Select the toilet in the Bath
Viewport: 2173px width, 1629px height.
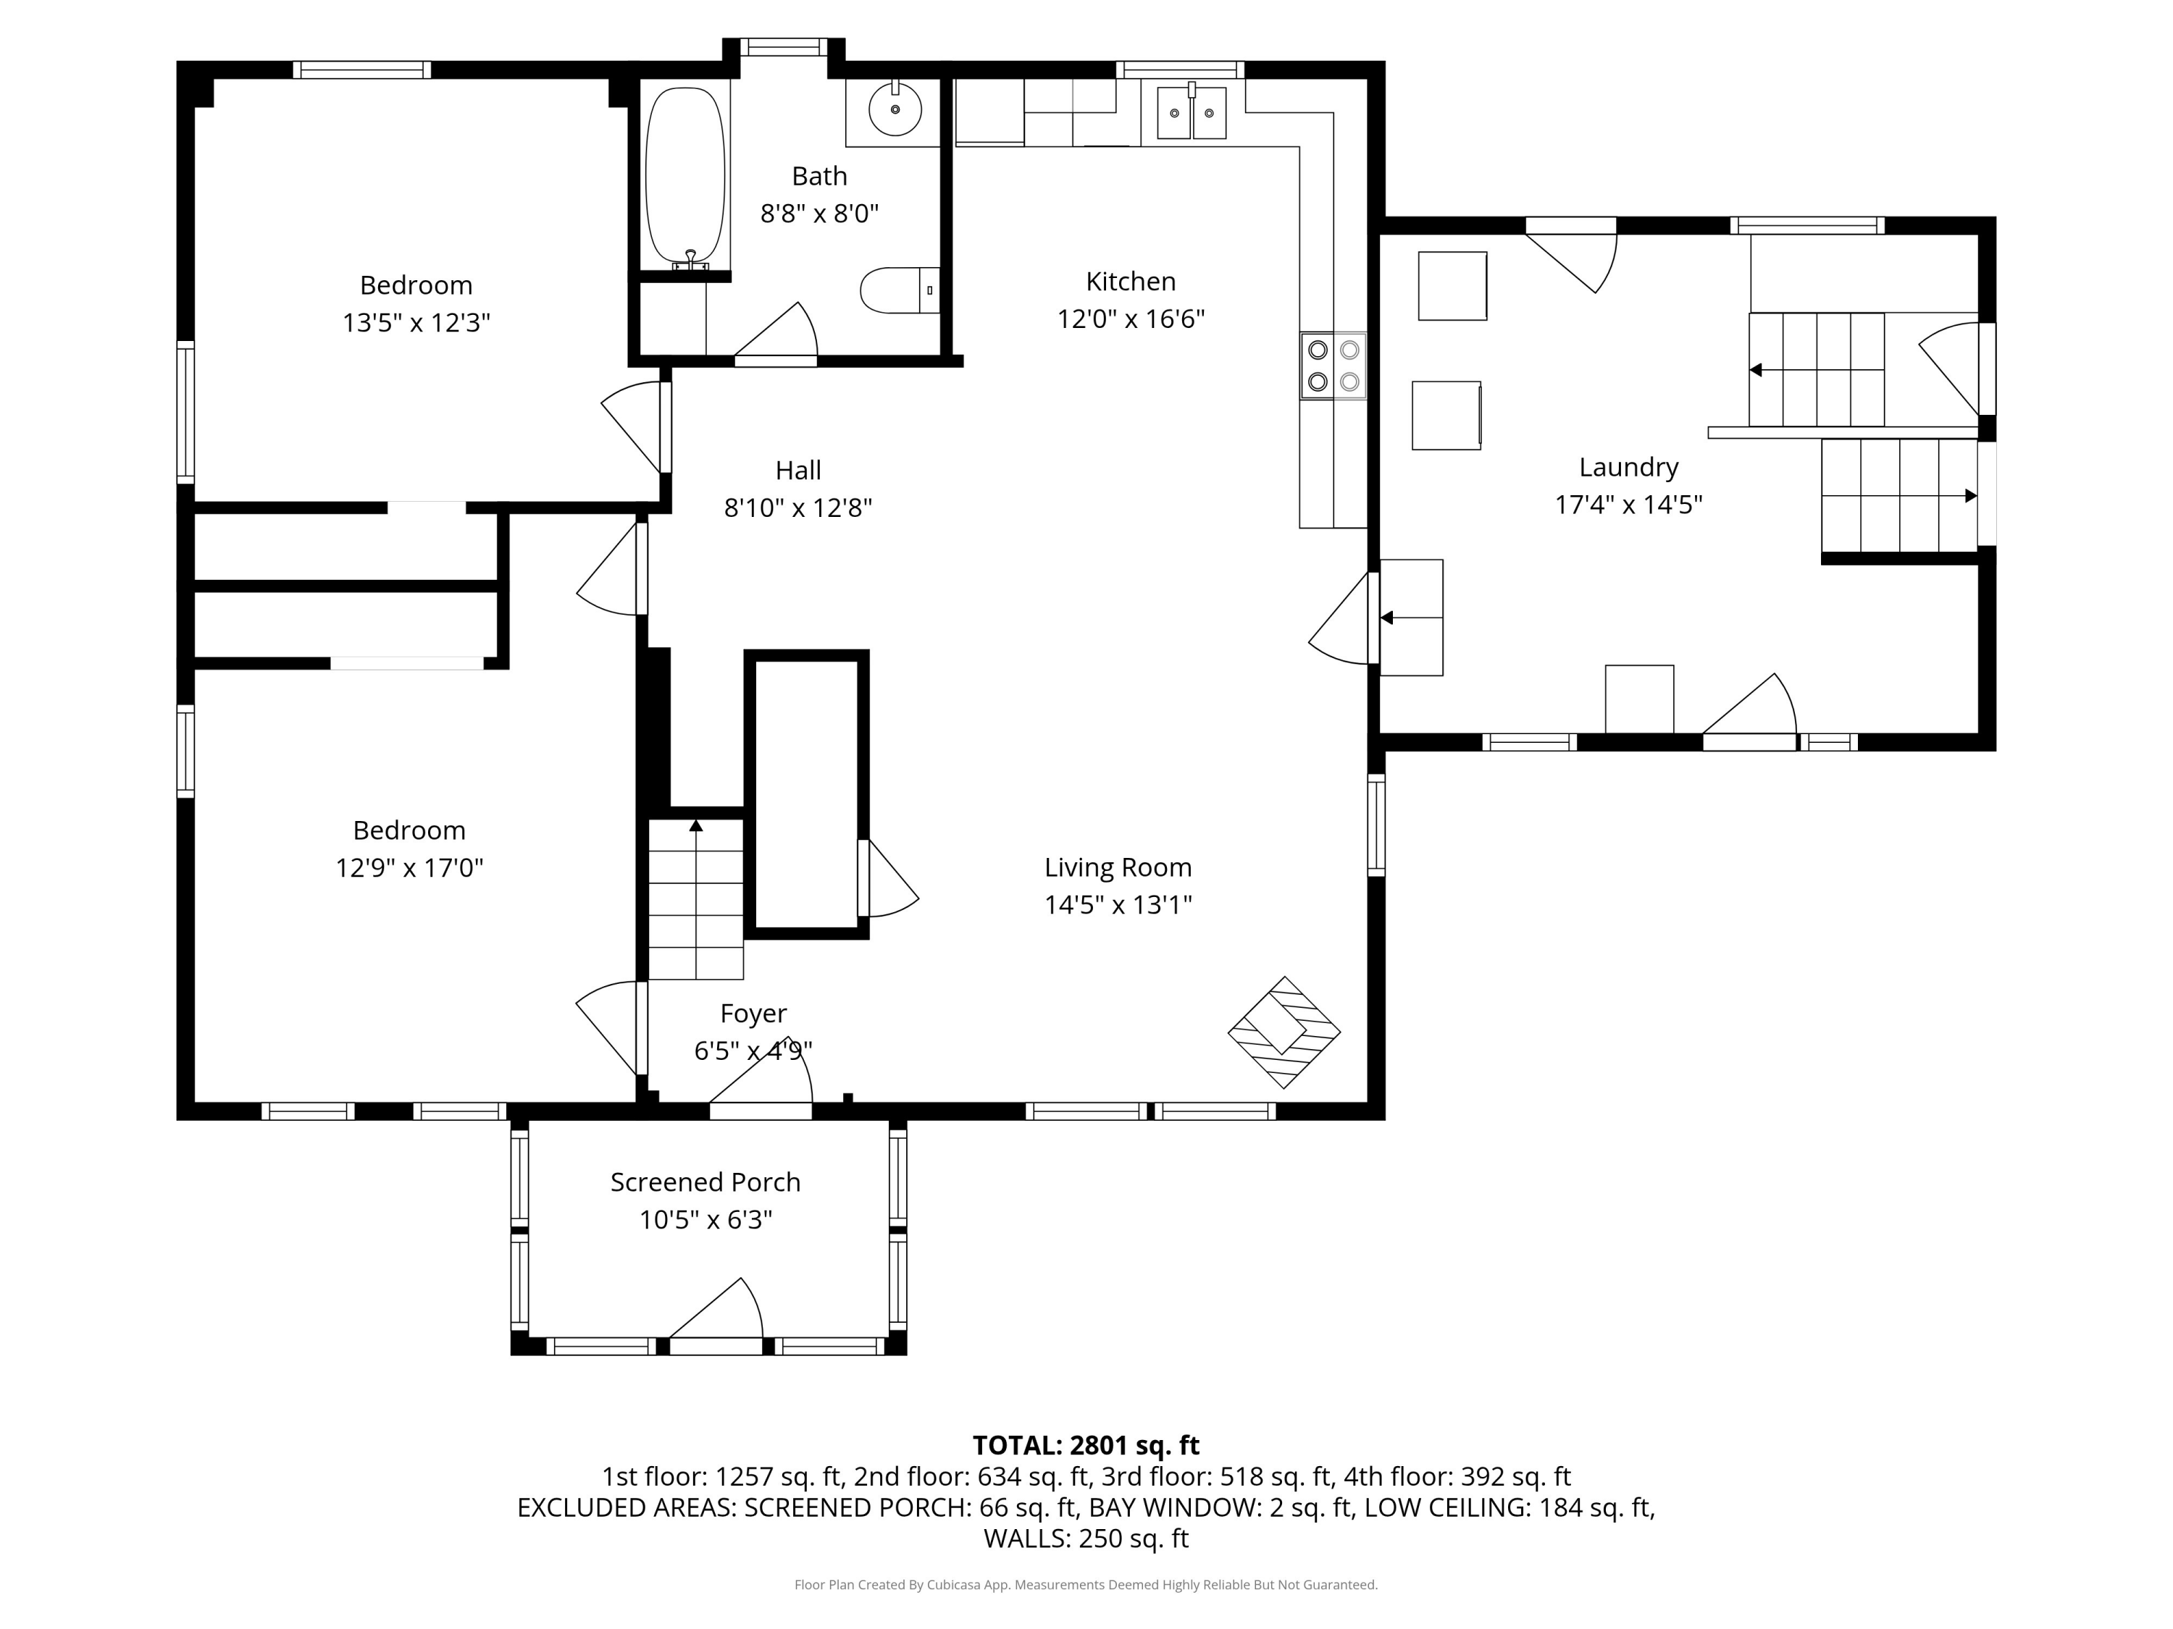tap(900, 290)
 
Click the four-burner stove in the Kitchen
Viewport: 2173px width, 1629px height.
tap(1333, 366)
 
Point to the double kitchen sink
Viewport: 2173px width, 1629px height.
tap(1192, 113)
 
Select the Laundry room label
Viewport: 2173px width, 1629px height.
tap(1629, 468)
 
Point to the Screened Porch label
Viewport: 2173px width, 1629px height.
tap(706, 1182)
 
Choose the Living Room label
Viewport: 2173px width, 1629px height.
tap(1118, 868)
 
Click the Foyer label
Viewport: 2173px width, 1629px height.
tap(753, 1014)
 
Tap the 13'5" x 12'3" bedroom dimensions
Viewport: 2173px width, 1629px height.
tap(416, 323)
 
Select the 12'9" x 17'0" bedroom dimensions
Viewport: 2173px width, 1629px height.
tap(410, 868)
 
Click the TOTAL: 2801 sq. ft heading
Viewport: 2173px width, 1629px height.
tap(1086, 1445)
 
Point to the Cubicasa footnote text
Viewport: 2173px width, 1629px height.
tap(1086, 1585)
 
